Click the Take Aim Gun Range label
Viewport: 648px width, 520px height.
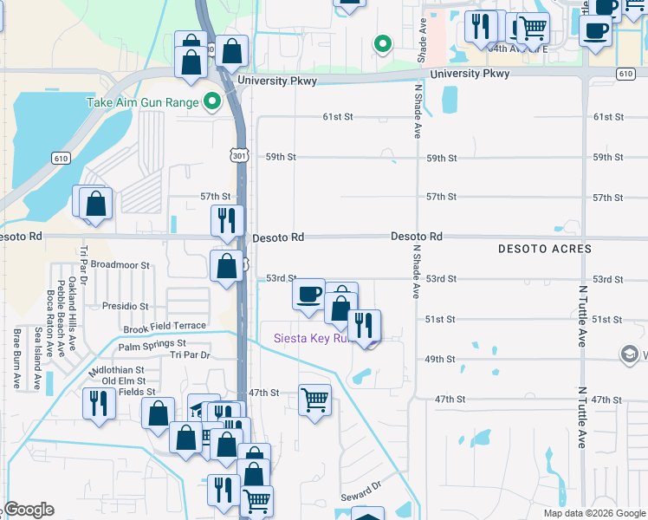142,102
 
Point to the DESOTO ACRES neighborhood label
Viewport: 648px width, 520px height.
545,249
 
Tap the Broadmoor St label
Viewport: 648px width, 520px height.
120,265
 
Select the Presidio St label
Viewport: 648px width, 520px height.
126,306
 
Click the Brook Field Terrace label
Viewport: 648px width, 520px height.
165,327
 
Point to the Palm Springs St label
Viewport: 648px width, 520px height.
152,347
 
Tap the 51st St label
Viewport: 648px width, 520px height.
440,319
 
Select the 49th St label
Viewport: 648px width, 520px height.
440,359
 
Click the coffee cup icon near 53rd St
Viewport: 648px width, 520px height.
308,294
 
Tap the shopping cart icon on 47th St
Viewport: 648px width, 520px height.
314,400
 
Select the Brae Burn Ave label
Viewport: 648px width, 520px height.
17,357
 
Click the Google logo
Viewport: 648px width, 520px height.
28,510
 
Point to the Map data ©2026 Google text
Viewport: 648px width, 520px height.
593,513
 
